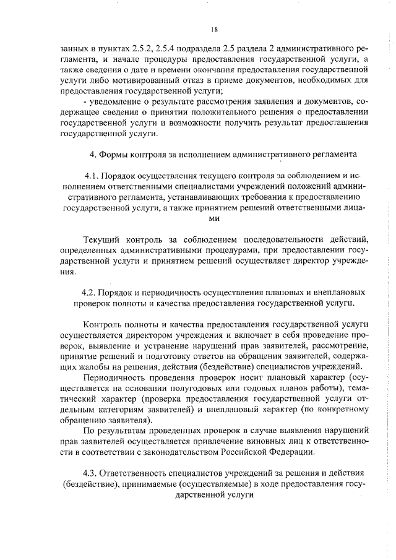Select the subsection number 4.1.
click(92, 176)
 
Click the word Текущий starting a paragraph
click(102, 239)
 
